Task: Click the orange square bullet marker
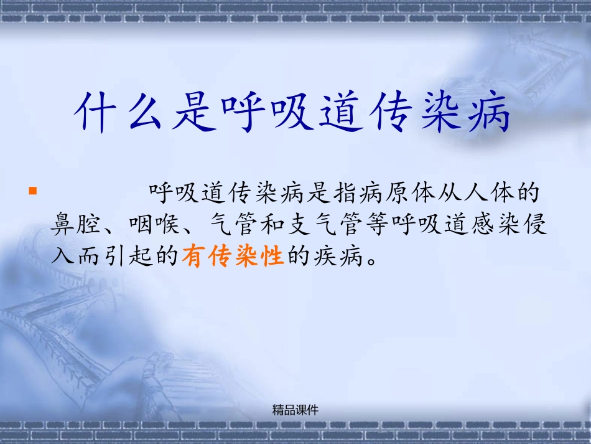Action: click(x=33, y=190)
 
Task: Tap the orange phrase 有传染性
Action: click(x=233, y=257)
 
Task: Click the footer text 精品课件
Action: click(x=295, y=410)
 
